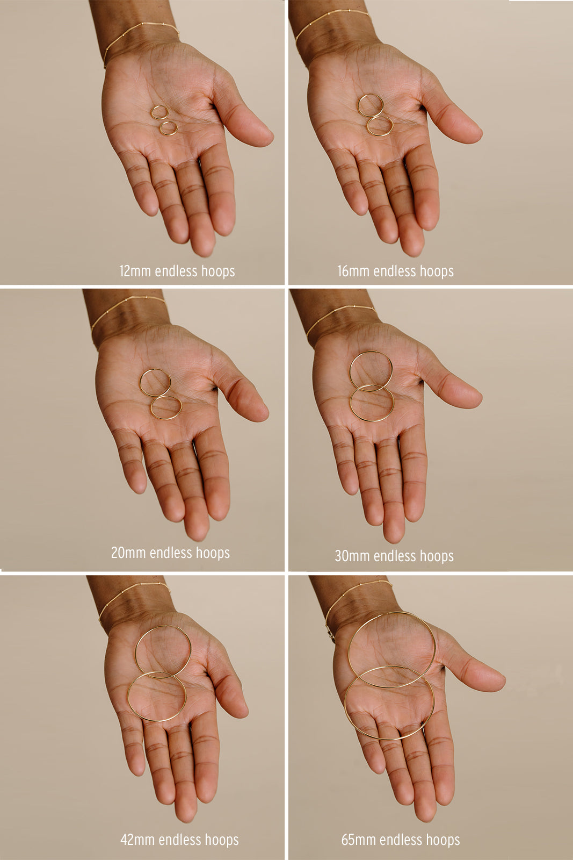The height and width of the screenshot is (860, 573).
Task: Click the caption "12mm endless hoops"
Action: (x=177, y=271)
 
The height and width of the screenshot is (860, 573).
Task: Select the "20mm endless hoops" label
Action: (x=170, y=553)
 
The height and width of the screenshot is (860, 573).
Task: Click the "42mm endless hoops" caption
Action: (x=179, y=840)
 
